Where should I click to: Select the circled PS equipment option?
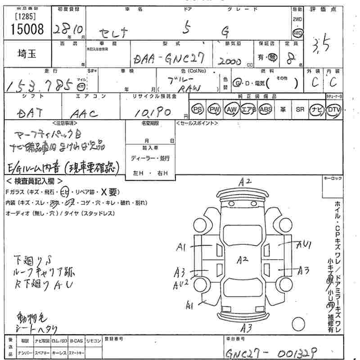click(197, 109)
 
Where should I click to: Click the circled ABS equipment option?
click(266, 109)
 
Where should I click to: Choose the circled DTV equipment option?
click(333, 109)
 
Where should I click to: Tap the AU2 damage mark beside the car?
click(181, 284)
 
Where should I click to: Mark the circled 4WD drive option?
click(297, 33)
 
